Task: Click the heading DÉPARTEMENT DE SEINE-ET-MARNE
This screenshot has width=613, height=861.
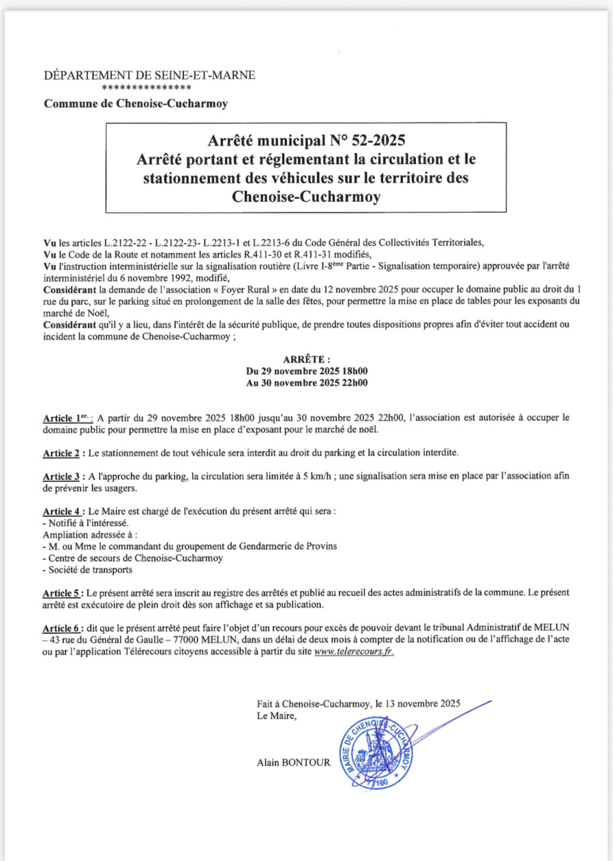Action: (149, 76)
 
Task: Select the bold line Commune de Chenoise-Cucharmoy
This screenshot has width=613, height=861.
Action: (136, 104)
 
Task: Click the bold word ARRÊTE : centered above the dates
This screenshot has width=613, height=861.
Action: (306, 359)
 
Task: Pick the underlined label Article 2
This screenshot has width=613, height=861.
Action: (63, 453)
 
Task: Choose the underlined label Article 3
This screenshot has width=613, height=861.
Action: (63, 476)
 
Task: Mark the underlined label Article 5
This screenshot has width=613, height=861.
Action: (63, 592)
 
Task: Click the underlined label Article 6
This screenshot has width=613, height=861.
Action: (63, 627)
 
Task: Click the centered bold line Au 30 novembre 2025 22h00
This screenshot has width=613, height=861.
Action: (306, 383)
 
